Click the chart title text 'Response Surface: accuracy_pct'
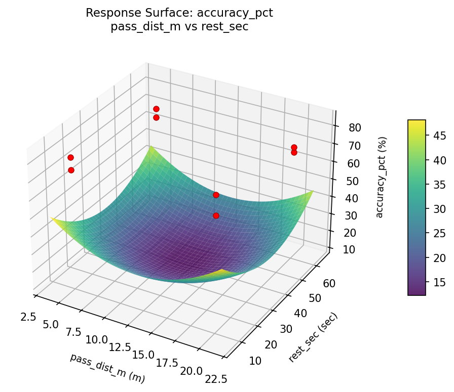[179, 13]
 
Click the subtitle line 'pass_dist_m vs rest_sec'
[179, 27]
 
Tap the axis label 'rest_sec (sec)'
[313, 337]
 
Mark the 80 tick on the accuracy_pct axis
[355, 128]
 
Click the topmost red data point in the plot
[156, 109]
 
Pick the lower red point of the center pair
[216, 215]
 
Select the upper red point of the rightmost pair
[294, 147]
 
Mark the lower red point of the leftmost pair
[71, 170]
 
